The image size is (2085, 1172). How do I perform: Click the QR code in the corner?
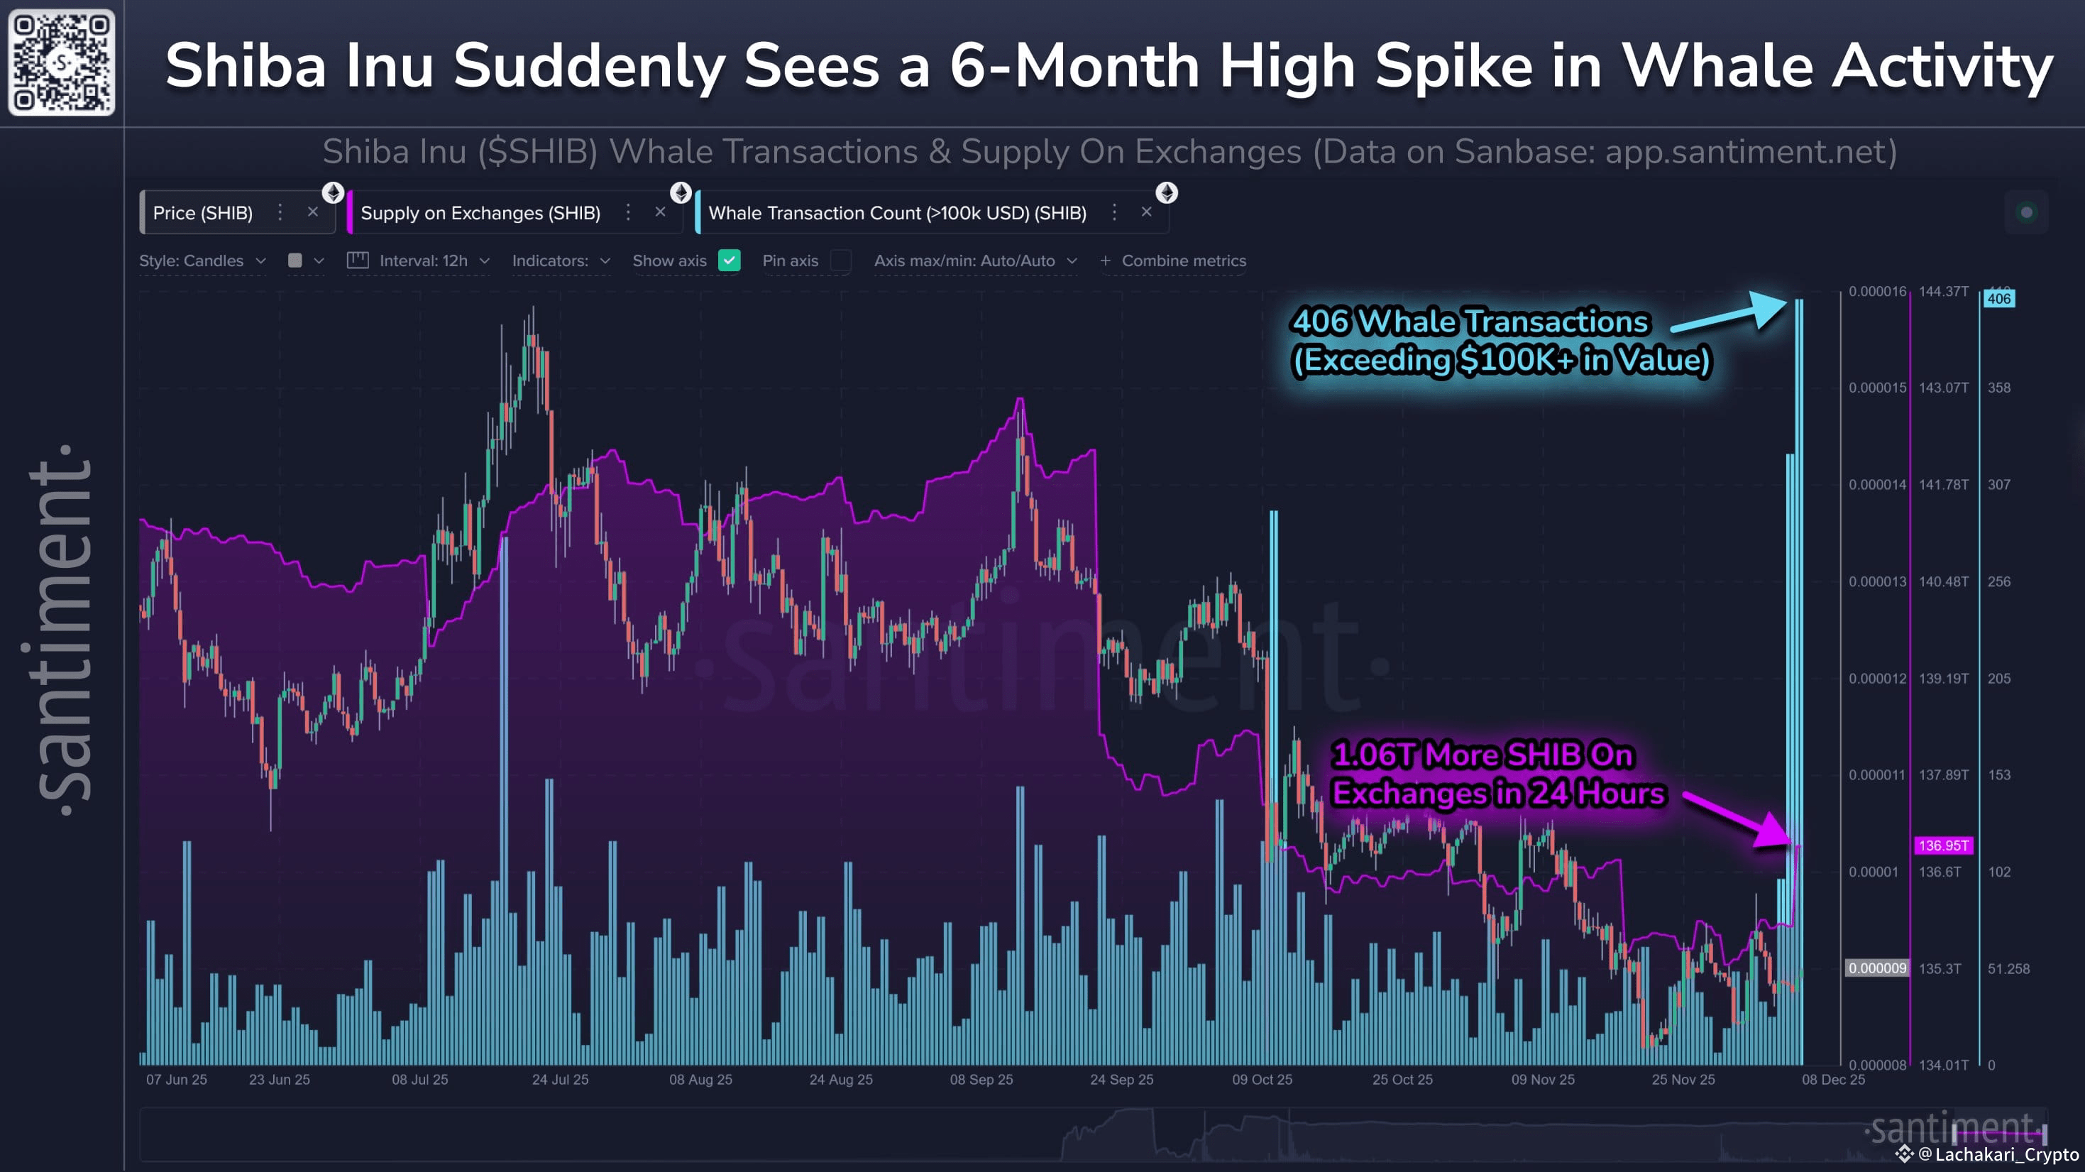(62, 62)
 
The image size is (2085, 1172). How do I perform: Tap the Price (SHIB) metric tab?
(202, 213)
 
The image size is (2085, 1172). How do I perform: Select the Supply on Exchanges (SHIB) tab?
(480, 213)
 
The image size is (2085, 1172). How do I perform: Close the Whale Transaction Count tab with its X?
(1146, 212)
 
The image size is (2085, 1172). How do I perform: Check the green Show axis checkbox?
(730, 261)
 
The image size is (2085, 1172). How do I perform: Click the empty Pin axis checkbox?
(841, 261)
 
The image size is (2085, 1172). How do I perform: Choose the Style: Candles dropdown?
(202, 261)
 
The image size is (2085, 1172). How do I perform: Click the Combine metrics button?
(1173, 261)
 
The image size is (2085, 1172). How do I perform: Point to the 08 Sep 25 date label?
(981, 1080)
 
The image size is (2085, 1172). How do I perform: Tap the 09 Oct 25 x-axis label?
(1262, 1080)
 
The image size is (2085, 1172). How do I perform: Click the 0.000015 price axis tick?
(1877, 388)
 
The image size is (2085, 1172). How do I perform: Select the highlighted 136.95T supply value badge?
(1942, 846)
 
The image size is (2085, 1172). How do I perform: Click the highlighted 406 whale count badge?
(1998, 299)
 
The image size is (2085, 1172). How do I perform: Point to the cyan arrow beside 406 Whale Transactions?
(1732, 314)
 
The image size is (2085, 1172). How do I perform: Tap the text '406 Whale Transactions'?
(1470, 322)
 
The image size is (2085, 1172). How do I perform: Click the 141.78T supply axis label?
(1942, 485)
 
